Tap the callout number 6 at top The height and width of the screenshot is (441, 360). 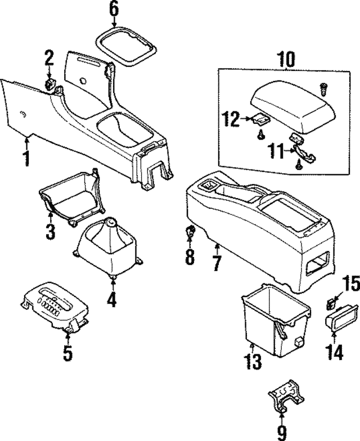point(114,9)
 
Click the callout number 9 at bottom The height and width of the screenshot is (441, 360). point(281,432)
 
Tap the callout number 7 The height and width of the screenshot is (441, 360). point(217,262)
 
